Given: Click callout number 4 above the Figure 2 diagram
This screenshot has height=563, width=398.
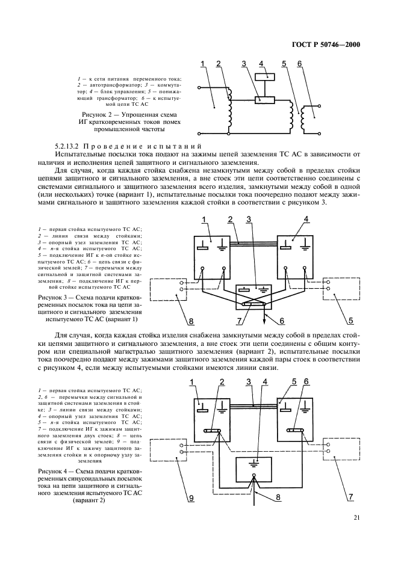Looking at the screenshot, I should click(x=261, y=63).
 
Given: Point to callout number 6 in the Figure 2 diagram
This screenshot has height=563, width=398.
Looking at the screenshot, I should click(x=299, y=63).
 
